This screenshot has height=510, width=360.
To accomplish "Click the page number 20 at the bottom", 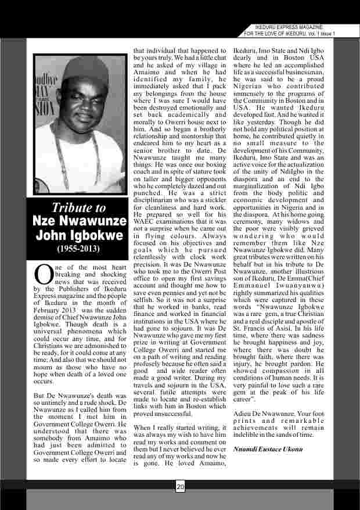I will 180,487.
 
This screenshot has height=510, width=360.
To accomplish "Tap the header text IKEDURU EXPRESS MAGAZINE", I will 289,27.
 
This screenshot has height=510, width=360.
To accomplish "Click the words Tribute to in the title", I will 79,208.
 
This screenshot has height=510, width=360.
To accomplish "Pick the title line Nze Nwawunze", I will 79,221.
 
